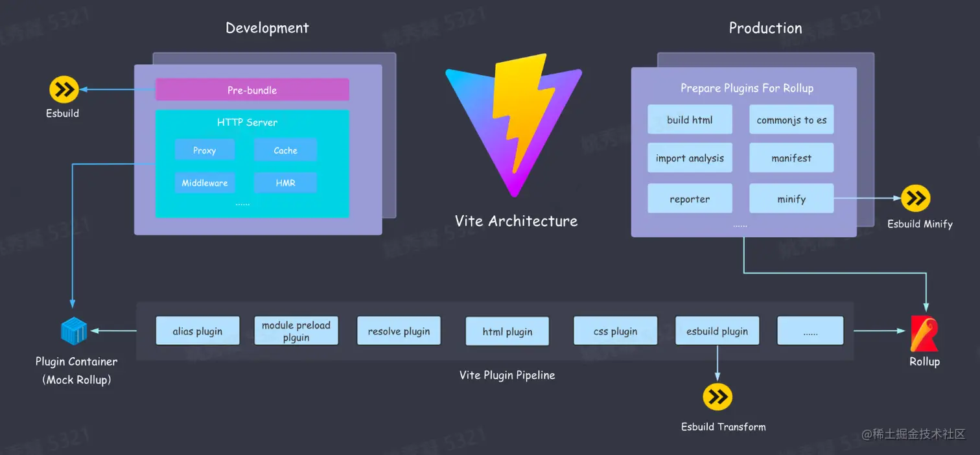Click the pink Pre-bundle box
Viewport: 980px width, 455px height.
pos(252,90)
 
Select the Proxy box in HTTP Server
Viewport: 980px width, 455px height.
pos(204,150)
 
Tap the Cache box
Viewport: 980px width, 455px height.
pos(285,150)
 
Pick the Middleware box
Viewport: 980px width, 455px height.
pos(204,183)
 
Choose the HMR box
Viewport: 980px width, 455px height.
pos(285,183)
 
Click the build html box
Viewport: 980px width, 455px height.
pos(690,119)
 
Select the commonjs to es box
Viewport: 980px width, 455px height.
pos(791,119)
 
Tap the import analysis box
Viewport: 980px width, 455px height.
pos(690,157)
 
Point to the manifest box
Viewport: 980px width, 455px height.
pos(791,157)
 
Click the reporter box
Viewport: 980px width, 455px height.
pos(690,198)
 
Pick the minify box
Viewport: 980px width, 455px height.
pos(791,198)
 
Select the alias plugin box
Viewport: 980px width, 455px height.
pos(198,331)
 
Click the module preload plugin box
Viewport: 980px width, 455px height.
pos(296,331)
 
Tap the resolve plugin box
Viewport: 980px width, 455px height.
pos(399,331)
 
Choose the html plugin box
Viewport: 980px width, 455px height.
pos(507,331)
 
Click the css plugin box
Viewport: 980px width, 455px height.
pos(615,331)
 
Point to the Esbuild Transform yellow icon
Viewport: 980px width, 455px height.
pos(717,397)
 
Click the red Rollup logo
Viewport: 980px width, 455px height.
pos(924,333)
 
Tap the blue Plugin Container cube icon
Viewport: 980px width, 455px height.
pos(74,331)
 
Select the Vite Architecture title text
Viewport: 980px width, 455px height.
pos(516,221)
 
